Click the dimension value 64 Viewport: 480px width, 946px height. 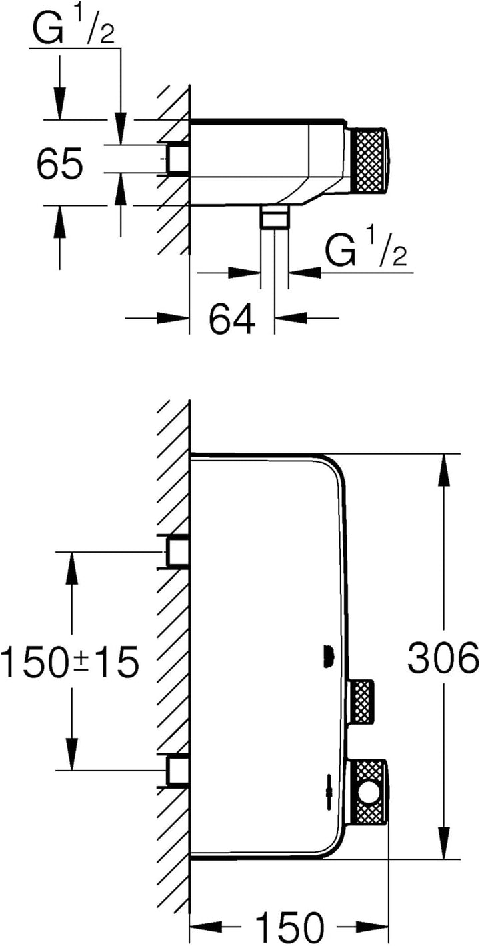[233, 319]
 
